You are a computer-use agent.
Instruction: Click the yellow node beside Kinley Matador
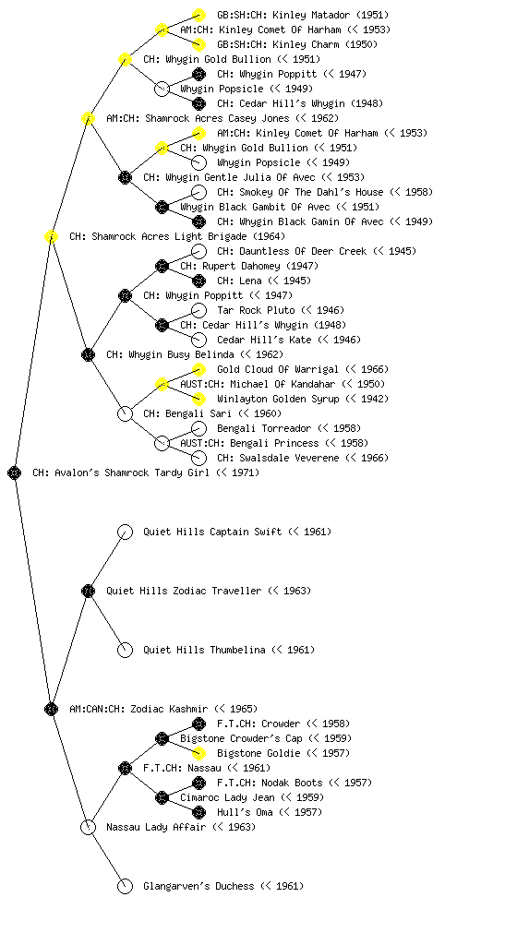click(x=198, y=15)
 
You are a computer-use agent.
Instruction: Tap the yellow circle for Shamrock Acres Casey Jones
click(x=88, y=119)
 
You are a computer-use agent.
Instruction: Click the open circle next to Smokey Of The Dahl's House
click(x=198, y=192)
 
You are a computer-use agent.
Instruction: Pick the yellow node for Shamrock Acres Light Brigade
click(x=51, y=237)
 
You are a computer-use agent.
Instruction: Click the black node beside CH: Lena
click(x=198, y=281)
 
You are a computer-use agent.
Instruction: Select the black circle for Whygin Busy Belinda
click(x=88, y=355)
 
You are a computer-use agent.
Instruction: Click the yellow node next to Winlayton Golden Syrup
click(x=198, y=399)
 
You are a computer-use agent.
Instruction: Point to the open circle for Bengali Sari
click(x=125, y=414)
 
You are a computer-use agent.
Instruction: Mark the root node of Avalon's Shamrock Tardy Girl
click(x=15, y=473)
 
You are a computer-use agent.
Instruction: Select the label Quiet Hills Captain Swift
click(x=212, y=532)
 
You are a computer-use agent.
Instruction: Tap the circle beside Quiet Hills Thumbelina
click(x=125, y=651)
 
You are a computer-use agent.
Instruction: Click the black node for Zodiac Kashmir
click(x=51, y=710)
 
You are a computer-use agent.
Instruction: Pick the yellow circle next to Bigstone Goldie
click(x=198, y=753)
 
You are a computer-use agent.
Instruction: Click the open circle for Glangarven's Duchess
click(x=125, y=887)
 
